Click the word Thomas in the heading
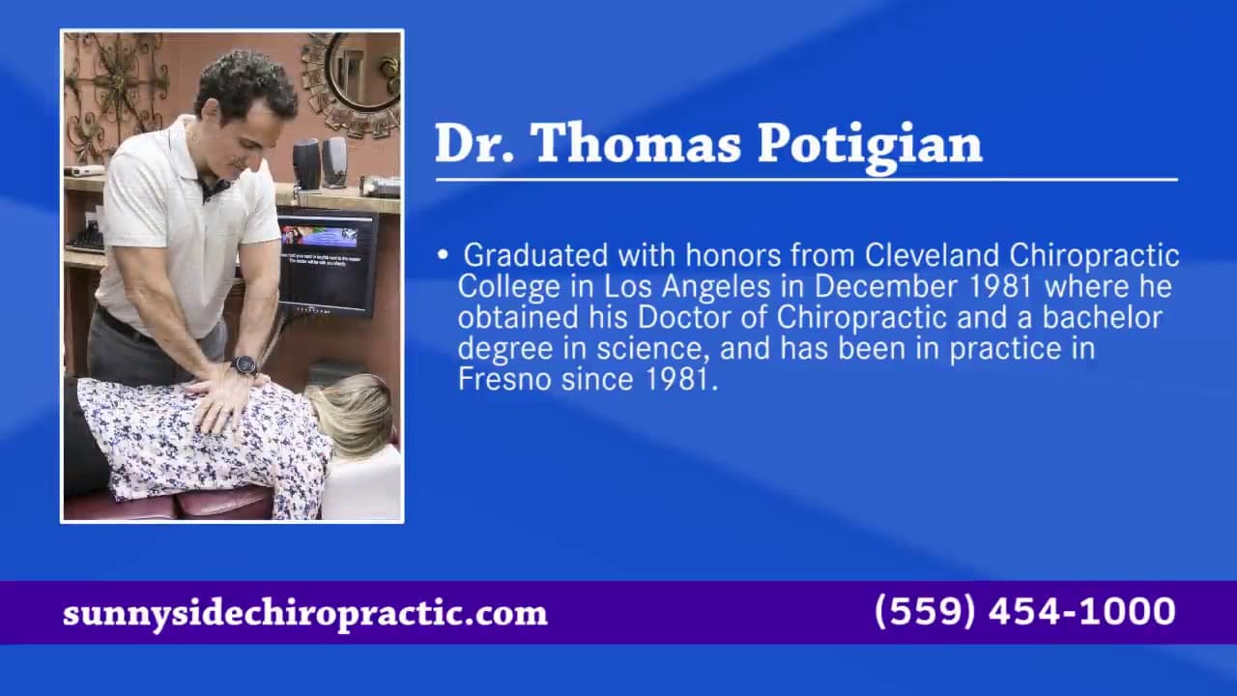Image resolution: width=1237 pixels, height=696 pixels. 638,143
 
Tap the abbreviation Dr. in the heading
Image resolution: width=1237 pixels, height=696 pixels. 475,143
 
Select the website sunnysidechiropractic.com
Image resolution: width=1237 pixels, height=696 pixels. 305,613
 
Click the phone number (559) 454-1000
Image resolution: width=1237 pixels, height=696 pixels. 1025,612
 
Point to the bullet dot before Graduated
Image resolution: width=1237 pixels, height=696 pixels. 443,254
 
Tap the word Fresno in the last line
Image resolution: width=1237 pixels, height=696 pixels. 504,380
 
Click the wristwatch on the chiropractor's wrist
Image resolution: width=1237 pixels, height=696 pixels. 245,365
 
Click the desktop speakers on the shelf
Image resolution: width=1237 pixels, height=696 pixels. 320,163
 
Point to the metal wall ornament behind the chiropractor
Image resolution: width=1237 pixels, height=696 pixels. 115,94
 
